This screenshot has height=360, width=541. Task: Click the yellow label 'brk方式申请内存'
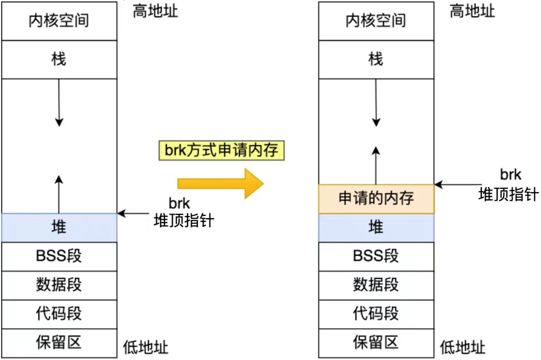click(x=221, y=150)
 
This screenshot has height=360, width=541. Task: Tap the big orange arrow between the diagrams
click(x=221, y=184)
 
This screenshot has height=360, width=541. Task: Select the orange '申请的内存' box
click(x=376, y=199)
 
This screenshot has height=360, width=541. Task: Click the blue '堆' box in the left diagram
click(x=59, y=228)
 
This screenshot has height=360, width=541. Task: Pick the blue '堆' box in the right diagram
click(x=376, y=228)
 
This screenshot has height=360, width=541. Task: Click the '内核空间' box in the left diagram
click(x=59, y=21)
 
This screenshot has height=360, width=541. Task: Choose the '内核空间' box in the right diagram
click(x=376, y=21)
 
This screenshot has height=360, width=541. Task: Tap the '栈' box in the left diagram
click(x=59, y=60)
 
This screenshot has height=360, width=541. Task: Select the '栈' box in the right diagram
click(x=376, y=60)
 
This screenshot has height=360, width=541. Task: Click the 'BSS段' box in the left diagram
click(x=59, y=256)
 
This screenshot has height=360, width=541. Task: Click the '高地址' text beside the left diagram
click(x=155, y=11)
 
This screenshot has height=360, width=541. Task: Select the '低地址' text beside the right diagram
click(x=463, y=347)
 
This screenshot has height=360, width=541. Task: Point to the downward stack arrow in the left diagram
click(x=59, y=103)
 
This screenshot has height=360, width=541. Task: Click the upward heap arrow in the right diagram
click(x=376, y=165)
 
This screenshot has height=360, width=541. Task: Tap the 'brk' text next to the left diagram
click(x=179, y=203)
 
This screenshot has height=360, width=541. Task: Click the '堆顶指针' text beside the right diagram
click(x=509, y=195)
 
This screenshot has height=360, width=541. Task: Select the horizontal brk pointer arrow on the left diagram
click(x=133, y=213)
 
